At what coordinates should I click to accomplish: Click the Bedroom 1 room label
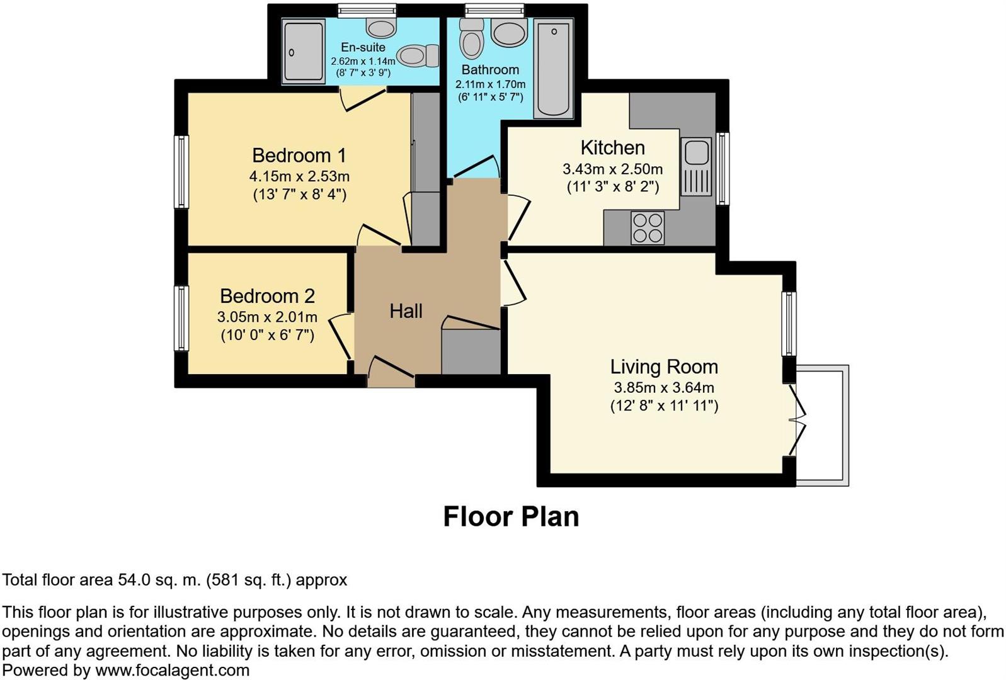pos(299,156)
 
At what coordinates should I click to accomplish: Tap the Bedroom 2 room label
pos(267,296)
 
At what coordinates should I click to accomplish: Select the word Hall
pos(406,311)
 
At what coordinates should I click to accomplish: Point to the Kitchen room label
pos(612,148)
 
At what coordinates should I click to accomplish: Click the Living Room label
pos(663,367)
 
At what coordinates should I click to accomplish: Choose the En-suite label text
pos(363,47)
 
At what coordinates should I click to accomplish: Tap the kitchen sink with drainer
pos(695,167)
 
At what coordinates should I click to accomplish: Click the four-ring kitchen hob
pos(648,228)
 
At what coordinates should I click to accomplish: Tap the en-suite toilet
pos(418,55)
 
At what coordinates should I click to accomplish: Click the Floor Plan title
pos(511,516)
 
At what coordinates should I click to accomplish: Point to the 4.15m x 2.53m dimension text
pos(299,176)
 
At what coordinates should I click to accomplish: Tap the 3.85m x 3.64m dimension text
pos(663,388)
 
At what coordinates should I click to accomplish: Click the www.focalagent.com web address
pos(172,671)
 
